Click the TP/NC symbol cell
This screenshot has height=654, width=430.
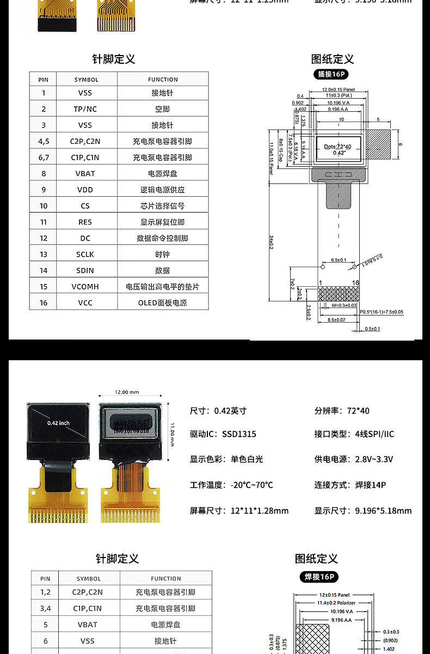(85, 109)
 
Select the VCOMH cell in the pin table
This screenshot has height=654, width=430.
(85, 287)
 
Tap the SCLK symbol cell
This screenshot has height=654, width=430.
(85, 255)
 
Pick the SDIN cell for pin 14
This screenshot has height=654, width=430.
(85, 270)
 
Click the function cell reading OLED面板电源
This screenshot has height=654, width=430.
(162, 302)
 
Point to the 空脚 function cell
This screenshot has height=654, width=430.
(162, 109)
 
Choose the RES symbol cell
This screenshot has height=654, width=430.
(85, 222)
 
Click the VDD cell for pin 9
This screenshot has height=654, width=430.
(85, 190)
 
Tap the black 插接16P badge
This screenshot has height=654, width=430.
(332, 75)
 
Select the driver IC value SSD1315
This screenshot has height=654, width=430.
(239, 434)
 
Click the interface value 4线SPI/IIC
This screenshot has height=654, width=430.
(374, 434)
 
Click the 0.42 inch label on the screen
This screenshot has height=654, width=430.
(59, 422)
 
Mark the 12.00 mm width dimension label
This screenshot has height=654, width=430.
(126, 392)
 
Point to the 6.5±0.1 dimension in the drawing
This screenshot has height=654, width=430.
(338, 260)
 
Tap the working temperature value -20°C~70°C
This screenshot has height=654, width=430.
(252, 485)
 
